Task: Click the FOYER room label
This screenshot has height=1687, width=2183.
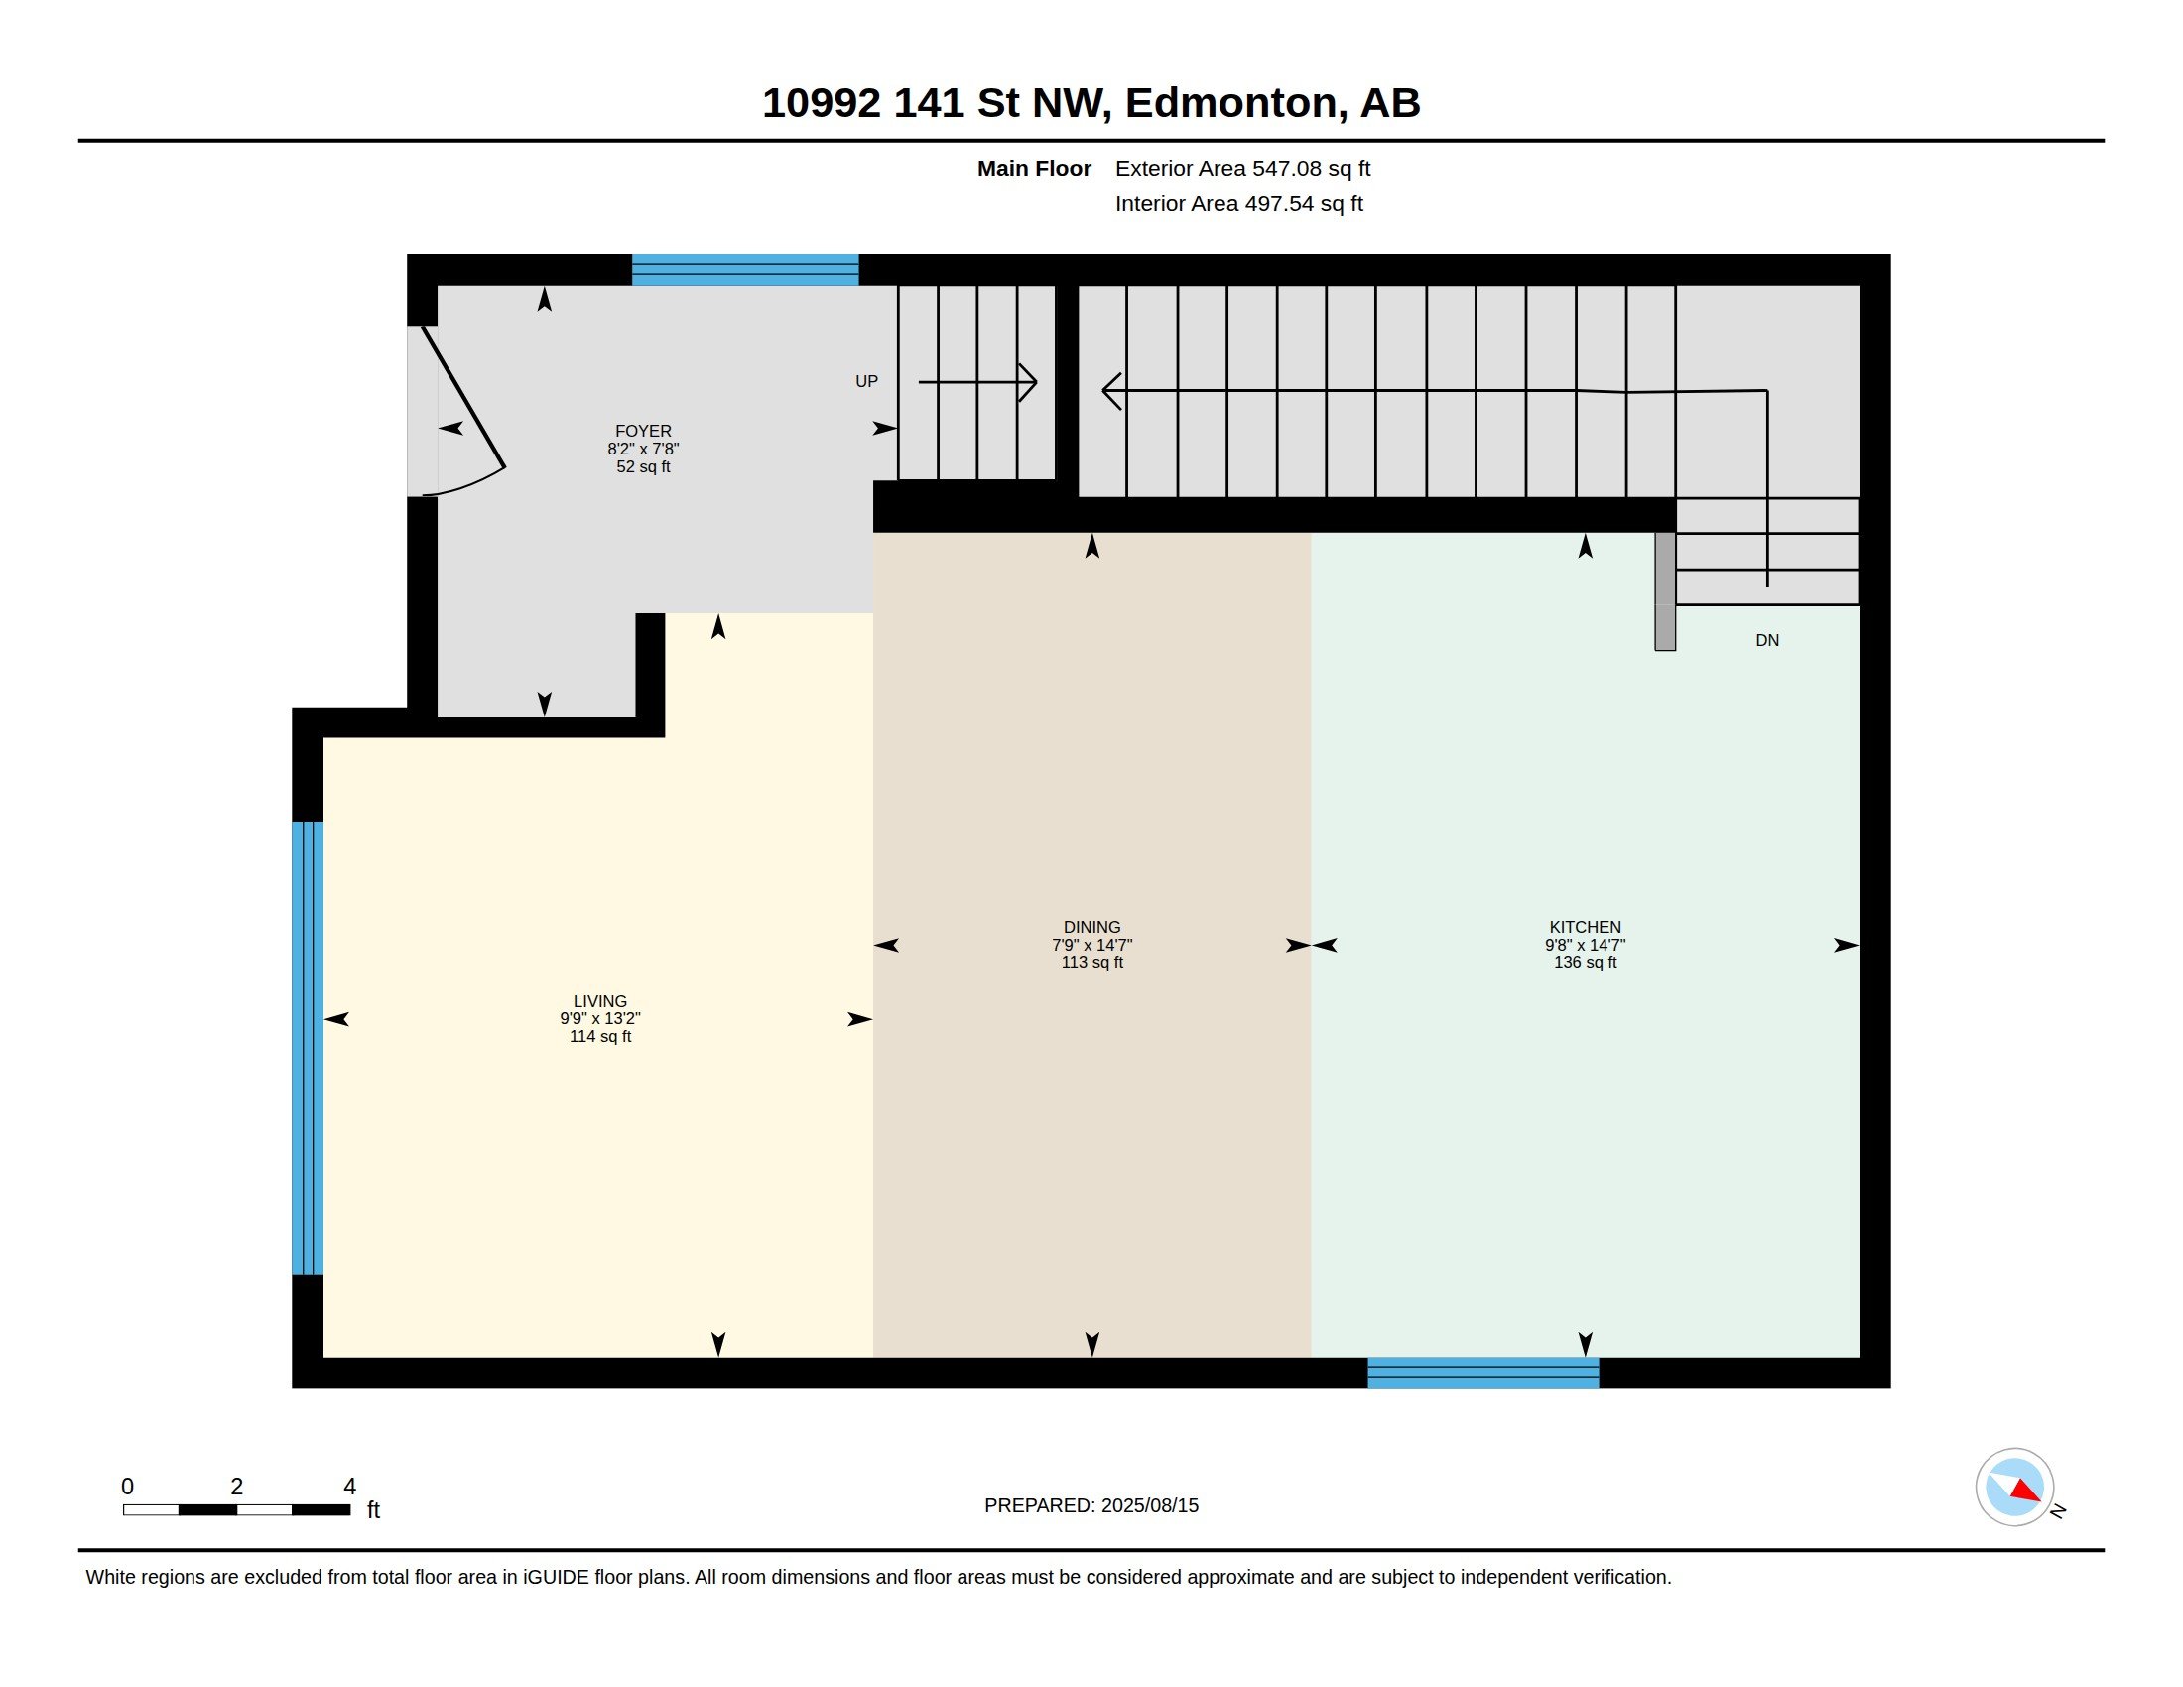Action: point(643,432)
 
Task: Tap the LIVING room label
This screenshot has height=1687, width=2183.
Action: point(599,1001)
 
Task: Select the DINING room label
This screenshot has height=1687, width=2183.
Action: point(1091,928)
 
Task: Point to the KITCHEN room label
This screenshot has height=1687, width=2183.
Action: point(1585,928)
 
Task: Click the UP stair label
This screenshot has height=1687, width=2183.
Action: point(866,382)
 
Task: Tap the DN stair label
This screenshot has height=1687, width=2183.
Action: point(1766,641)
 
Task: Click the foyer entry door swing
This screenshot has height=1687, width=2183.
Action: point(462,412)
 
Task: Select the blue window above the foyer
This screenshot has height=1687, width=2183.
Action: point(744,270)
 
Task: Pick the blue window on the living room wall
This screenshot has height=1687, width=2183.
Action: point(307,1048)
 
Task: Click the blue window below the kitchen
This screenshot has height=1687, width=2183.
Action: point(1482,1373)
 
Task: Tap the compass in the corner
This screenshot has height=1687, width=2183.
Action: point(2014,1488)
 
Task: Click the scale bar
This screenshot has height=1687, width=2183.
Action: point(237,1510)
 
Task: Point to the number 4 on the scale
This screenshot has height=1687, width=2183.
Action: point(350,1487)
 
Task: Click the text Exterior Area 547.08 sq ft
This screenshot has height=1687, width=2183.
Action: point(1242,169)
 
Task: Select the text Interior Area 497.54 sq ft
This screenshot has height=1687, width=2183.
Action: point(1238,204)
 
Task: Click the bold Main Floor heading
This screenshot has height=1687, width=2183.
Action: point(1034,169)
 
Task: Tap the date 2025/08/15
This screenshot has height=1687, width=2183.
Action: point(1149,1506)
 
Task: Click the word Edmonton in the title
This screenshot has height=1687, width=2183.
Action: point(1230,104)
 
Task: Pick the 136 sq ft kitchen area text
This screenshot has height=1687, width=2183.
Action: point(1585,963)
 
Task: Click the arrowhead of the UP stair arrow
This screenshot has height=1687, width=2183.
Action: point(1030,382)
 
